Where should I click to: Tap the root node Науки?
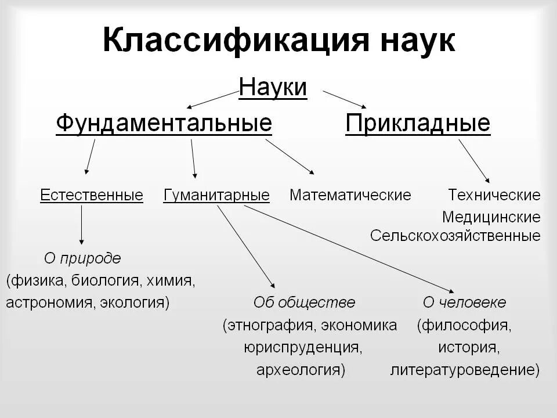(273, 88)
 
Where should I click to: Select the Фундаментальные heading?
(164, 124)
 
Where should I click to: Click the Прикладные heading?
(418, 124)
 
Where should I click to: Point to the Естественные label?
(92, 195)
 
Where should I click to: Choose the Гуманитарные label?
(216, 195)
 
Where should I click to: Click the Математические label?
(350, 195)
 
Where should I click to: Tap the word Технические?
(494, 195)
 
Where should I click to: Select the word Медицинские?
(491, 217)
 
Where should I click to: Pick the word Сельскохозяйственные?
(455, 236)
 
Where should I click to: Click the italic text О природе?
(82, 258)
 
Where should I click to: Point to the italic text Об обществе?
(304, 302)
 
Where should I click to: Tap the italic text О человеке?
(464, 302)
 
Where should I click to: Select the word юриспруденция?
(303, 347)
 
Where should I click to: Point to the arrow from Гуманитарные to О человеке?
(348, 248)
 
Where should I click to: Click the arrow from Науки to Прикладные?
(345, 99)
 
